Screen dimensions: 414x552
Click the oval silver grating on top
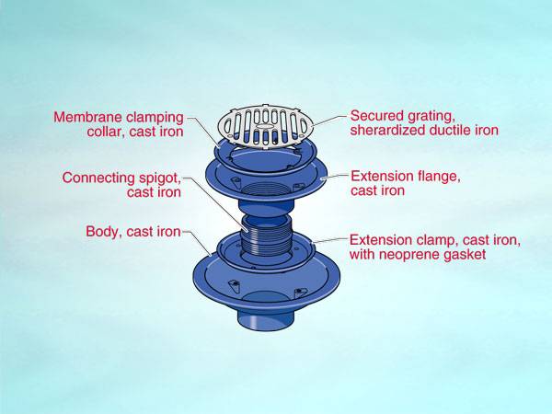click(264, 127)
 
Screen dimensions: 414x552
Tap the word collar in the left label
click(98, 131)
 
